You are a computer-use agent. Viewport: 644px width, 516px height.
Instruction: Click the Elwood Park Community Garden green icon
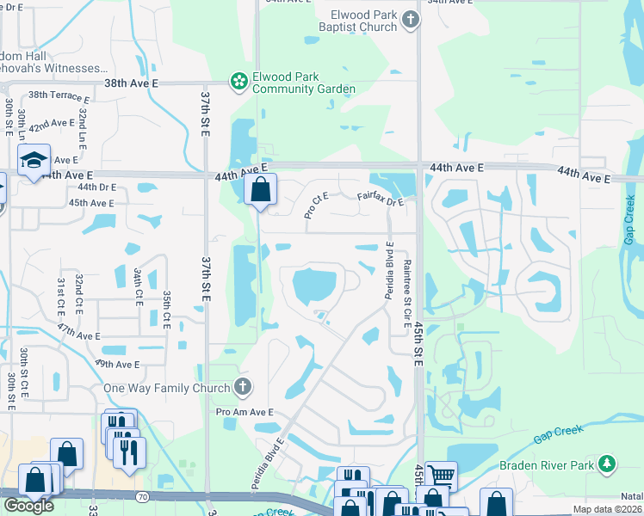pyautogui.click(x=238, y=82)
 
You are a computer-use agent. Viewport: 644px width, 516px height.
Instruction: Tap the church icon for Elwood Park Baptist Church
pyautogui.click(x=411, y=19)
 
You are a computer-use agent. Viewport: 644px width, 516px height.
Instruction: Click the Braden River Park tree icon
pyautogui.click(x=608, y=465)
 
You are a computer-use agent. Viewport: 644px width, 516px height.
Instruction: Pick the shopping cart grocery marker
pyautogui.click(x=440, y=475)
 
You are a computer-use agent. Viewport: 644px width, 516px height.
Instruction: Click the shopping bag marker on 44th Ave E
pyautogui.click(x=260, y=188)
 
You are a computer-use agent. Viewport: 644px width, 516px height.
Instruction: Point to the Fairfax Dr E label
pyautogui.click(x=380, y=200)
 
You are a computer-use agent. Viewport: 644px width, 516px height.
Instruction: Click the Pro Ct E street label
pyautogui.click(x=316, y=206)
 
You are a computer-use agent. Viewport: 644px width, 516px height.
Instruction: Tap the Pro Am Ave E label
pyautogui.click(x=244, y=413)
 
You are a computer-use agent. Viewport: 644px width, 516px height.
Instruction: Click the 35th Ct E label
pyautogui.click(x=166, y=309)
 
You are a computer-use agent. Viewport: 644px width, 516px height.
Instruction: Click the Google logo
pyautogui.click(x=28, y=506)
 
